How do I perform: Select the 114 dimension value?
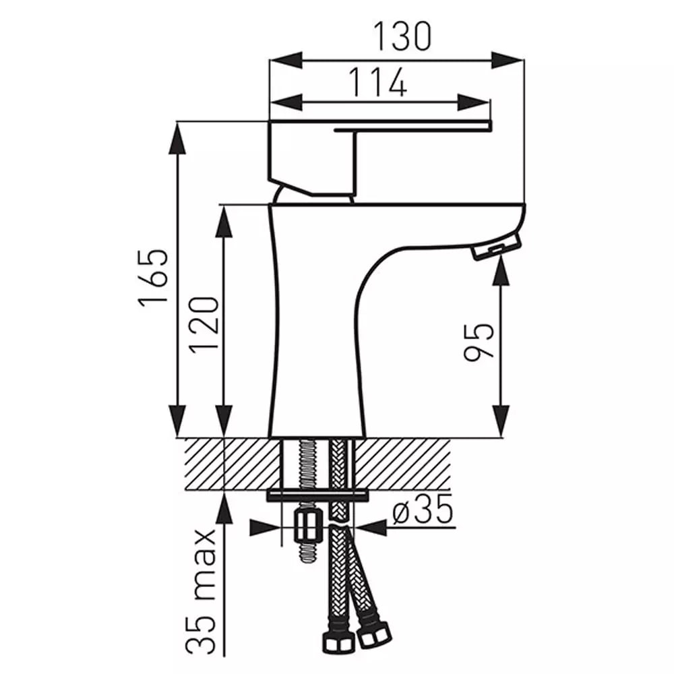click(377, 82)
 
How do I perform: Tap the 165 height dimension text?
click(154, 277)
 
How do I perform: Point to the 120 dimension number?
click(204, 325)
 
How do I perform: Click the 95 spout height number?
click(479, 342)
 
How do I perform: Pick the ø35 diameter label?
click(423, 508)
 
